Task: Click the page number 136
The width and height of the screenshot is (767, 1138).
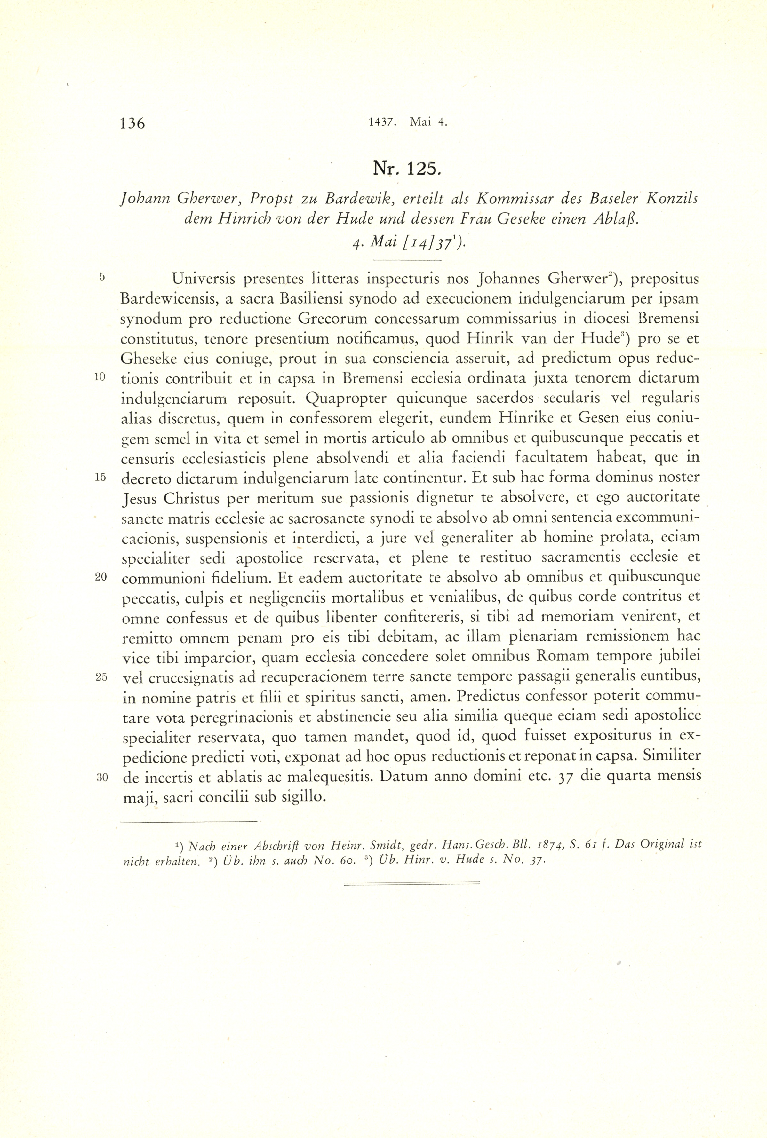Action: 132,123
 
